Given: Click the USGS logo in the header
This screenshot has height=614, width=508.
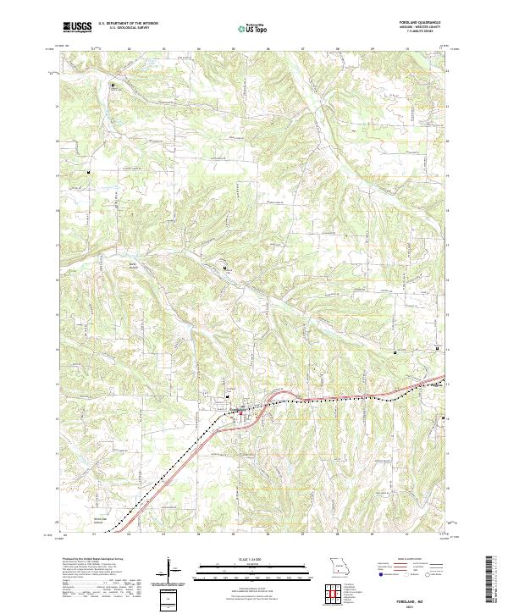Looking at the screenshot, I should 77,26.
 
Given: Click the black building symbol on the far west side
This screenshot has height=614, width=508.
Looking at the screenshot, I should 86,173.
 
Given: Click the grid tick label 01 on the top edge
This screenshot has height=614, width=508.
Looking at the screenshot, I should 93,48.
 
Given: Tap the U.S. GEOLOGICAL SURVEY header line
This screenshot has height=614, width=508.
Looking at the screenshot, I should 123,29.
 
